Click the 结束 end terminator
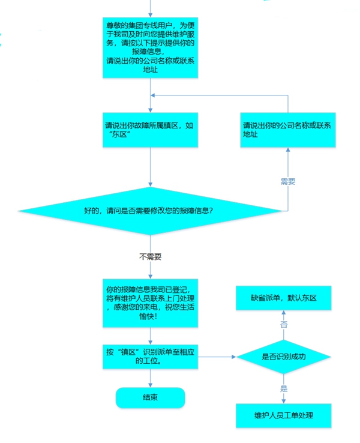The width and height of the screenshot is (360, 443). click(x=150, y=397)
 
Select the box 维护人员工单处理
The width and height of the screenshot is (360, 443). click(x=283, y=415)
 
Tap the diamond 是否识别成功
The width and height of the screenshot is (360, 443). click(x=283, y=357)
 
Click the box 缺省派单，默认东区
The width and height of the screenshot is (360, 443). click(x=283, y=298)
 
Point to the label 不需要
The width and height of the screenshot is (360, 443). click(x=150, y=256)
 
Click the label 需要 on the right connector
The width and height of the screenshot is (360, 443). click(x=288, y=181)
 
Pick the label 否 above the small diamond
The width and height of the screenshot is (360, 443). click(x=284, y=324)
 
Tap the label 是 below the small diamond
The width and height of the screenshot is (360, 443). click(x=284, y=388)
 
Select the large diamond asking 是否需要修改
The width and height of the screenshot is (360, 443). click(x=150, y=211)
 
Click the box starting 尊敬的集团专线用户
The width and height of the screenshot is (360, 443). click(x=150, y=47)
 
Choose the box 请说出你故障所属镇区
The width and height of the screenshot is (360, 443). click(x=150, y=130)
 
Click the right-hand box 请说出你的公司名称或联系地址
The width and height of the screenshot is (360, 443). click(x=288, y=130)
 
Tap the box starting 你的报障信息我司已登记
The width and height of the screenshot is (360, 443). click(x=150, y=303)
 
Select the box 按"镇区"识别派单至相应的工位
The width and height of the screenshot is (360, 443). click(x=150, y=357)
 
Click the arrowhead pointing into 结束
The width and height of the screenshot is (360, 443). click(x=150, y=385)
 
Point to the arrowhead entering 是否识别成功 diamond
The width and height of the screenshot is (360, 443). click(x=234, y=357)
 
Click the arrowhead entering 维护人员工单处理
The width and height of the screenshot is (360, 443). click(x=284, y=402)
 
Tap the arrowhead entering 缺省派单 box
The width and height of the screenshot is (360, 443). click(x=284, y=313)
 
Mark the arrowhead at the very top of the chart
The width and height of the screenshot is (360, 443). click(x=150, y=15)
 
